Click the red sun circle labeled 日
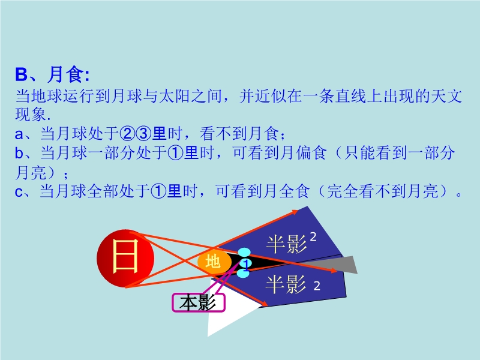[125, 259]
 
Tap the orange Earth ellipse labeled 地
[214, 262]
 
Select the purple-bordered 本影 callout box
[199, 303]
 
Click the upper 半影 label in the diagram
[287, 244]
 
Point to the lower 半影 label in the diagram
[286, 284]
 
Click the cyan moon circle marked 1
[245, 263]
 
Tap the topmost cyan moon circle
[244, 253]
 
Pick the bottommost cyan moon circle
[243, 273]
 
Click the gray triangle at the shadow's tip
[334, 265]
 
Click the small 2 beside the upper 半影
[313, 236]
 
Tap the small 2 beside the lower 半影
[317, 286]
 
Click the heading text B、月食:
[52, 74]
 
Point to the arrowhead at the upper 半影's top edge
[295, 212]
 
